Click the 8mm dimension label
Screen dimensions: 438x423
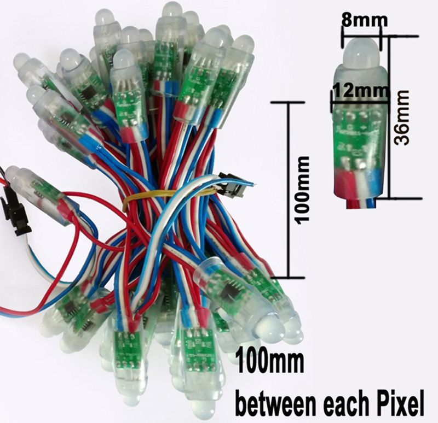tap(365, 20)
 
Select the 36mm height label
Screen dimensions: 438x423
tap(402, 117)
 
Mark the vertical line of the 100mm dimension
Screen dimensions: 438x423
tap(289, 190)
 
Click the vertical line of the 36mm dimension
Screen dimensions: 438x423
tap(389, 117)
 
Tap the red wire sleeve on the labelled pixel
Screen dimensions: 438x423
tap(344, 181)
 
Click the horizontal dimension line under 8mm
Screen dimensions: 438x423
tap(361, 36)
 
